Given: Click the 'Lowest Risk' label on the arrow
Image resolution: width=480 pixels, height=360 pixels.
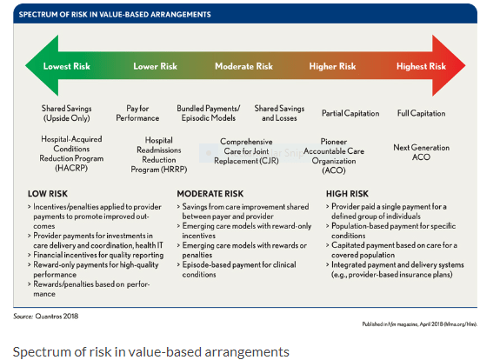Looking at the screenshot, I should point(68,66).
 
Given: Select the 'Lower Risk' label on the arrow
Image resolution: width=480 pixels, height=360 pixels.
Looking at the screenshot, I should point(156,66).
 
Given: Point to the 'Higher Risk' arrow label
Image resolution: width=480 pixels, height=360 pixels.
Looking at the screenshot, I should point(333,66).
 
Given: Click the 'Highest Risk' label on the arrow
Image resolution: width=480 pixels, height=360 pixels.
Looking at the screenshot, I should point(421,66).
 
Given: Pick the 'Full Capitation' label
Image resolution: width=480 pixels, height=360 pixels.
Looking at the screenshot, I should point(421,113).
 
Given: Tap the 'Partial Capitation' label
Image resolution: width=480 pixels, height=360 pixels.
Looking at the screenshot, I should point(350,113).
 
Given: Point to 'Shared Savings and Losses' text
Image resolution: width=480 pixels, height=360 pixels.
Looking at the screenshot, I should point(278,113).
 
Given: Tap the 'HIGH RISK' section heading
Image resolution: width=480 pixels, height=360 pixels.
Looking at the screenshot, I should point(349,193).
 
